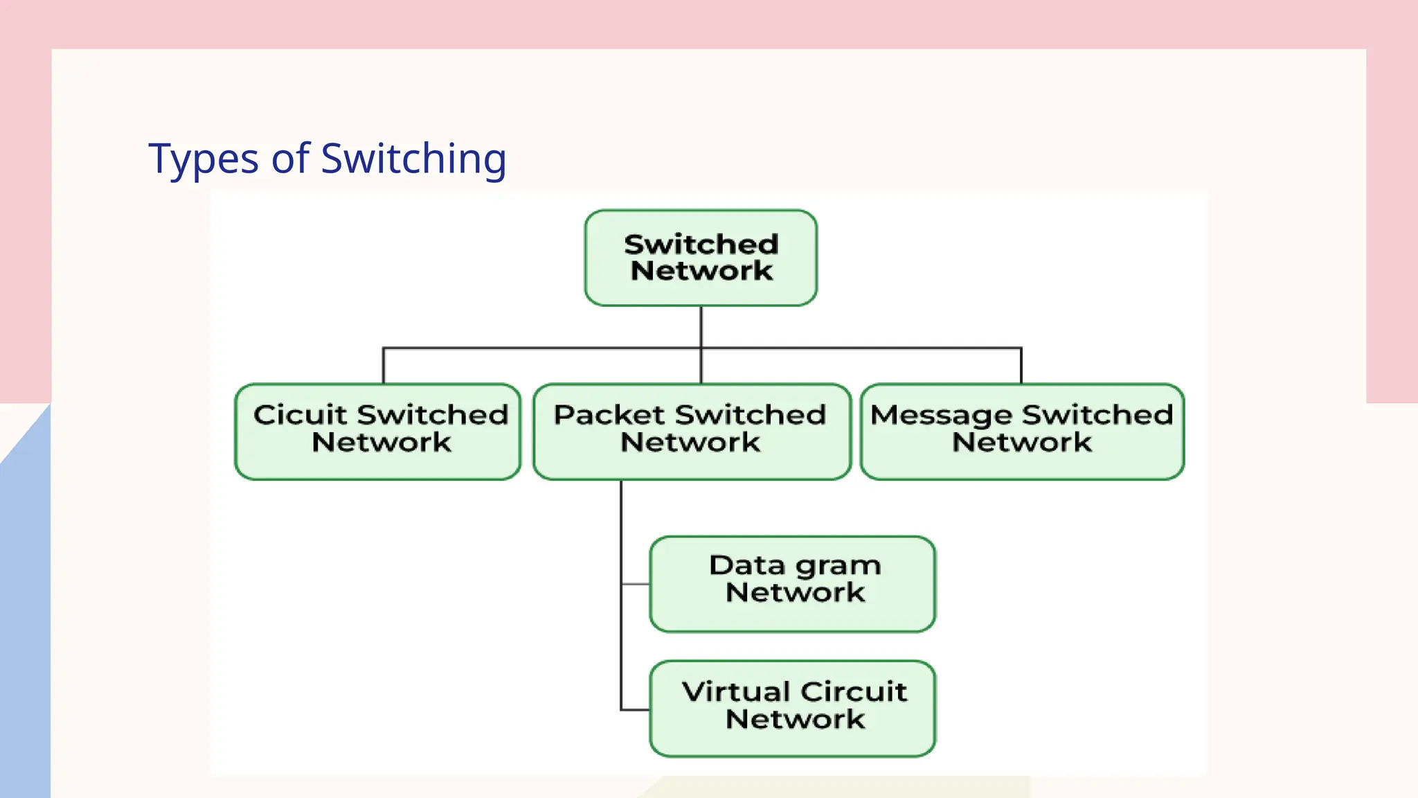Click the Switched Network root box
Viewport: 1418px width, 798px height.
coord(701,258)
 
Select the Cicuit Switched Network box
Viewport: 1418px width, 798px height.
coord(378,432)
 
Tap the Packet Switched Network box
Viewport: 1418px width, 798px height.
coord(692,432)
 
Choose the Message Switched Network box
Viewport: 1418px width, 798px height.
coord(1022,432)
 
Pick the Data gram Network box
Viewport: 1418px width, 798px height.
coord(793,584)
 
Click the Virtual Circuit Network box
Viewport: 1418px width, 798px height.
coord(793,708)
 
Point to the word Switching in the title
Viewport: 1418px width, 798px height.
coord(413,159)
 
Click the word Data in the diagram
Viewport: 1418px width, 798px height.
coord(747,565)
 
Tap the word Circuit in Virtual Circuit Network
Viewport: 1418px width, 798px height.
coord(853,691)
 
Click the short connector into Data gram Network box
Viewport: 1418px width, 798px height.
coord(636,584)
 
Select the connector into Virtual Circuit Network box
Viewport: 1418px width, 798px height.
coord(636,709)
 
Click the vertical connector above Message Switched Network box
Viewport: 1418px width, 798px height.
coord(1021,366)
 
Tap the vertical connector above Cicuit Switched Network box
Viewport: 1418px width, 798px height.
coord(384,366)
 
